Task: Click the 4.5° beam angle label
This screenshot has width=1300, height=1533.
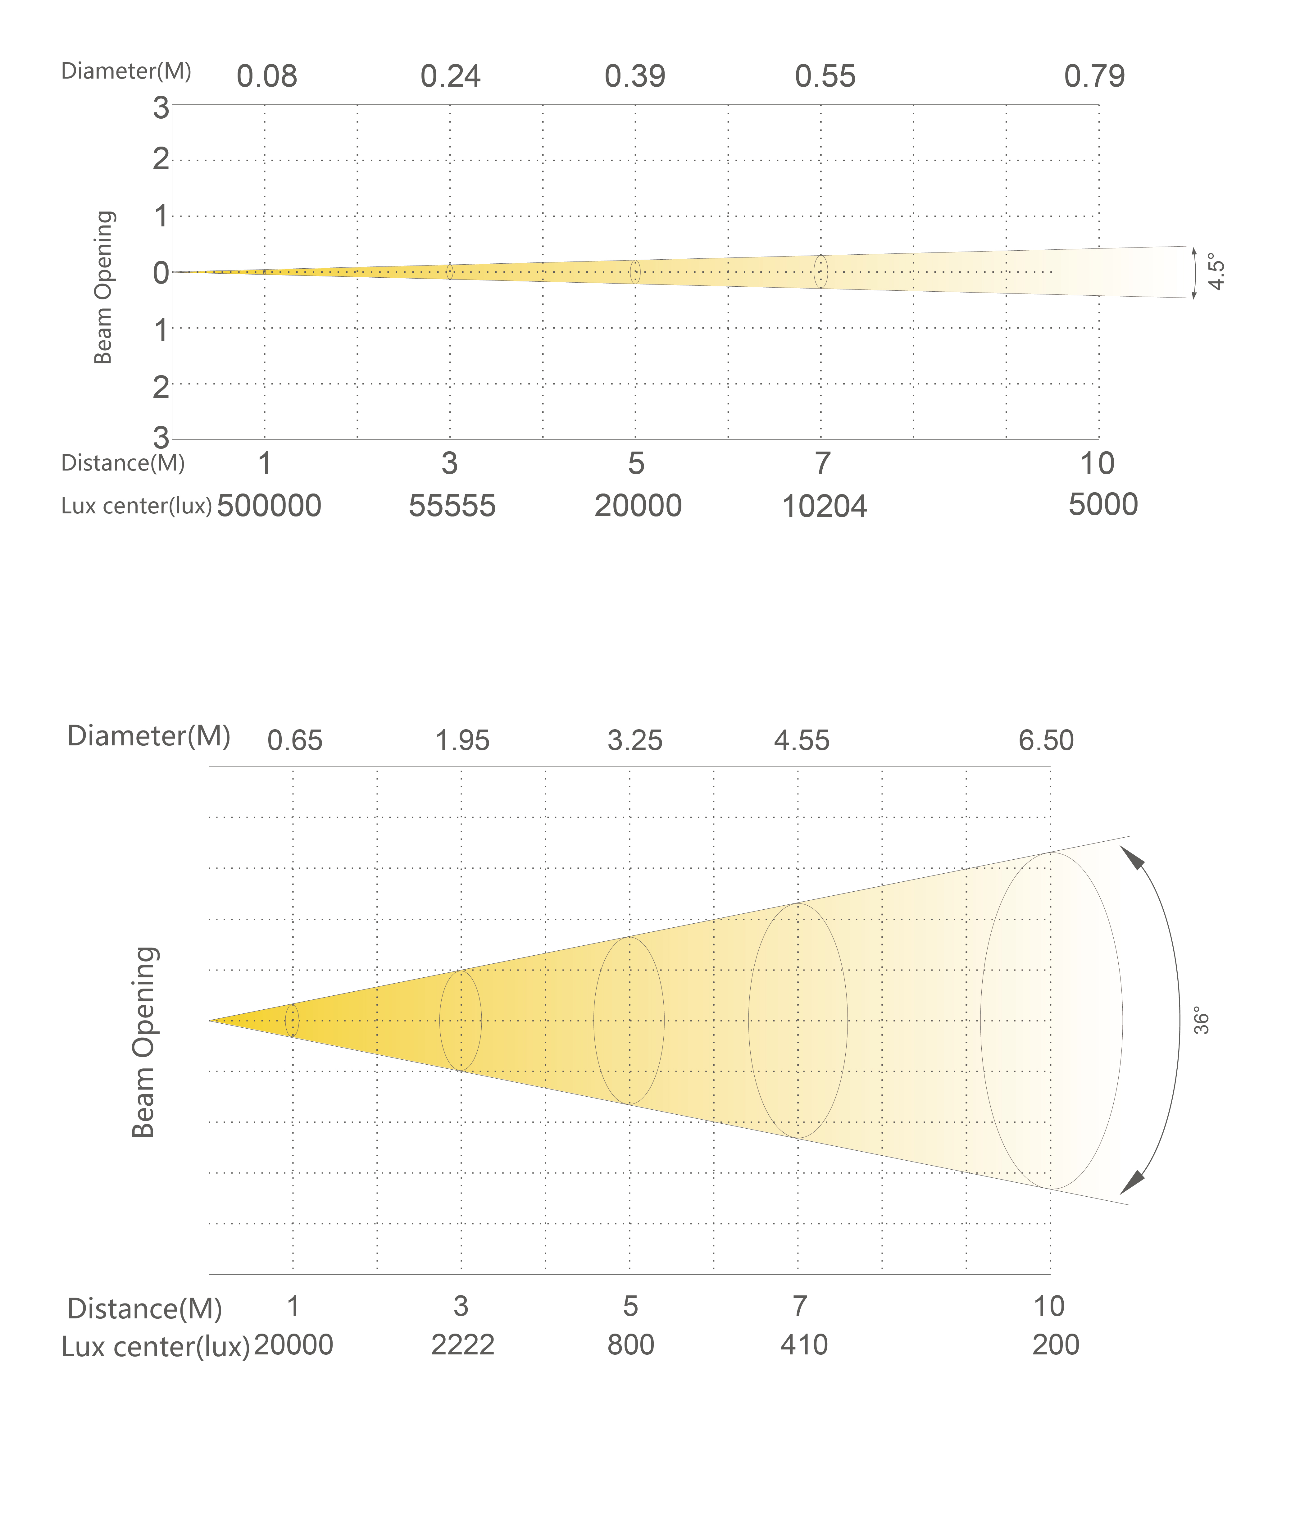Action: click(1217, 272)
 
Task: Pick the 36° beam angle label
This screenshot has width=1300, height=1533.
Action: click(1201, 1021)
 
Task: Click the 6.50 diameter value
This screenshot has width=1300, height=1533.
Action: click(1046, 740)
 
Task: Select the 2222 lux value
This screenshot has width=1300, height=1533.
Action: click(462, 1345)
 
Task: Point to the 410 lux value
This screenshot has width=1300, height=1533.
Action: click(803, 1345)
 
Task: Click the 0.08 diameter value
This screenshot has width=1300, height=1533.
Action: click(267, 77)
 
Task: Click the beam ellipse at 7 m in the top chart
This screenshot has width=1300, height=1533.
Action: click(820, 272)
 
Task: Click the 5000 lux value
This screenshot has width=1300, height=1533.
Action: click(1102, 505)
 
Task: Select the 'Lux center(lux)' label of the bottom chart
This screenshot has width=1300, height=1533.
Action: click(156, 1347)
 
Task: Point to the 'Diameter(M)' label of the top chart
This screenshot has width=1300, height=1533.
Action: click(126, 71)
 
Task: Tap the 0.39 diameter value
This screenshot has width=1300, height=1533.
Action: click(634, 77)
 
